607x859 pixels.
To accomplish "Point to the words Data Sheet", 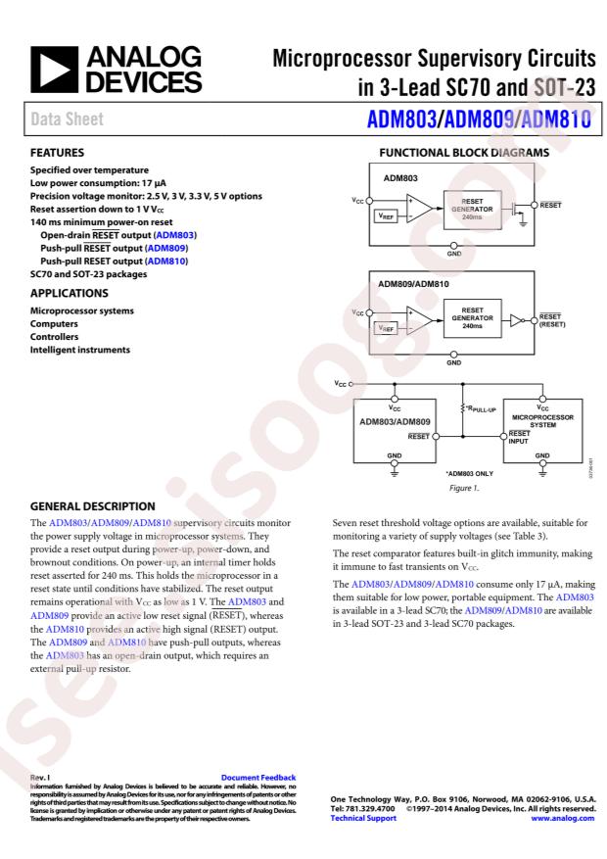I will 65,119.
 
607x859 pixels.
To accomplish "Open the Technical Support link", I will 351,817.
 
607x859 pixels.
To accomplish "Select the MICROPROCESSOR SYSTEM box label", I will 542,418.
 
